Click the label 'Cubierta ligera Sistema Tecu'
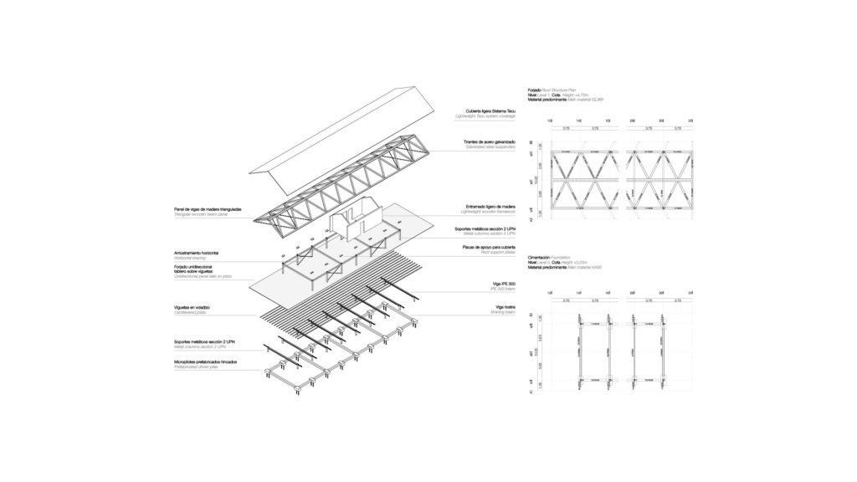coord(490,110)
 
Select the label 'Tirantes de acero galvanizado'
coord(490,142)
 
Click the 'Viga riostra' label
coord(504,308)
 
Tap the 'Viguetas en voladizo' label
coord(192,307)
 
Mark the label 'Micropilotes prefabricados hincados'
coord(205,361)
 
